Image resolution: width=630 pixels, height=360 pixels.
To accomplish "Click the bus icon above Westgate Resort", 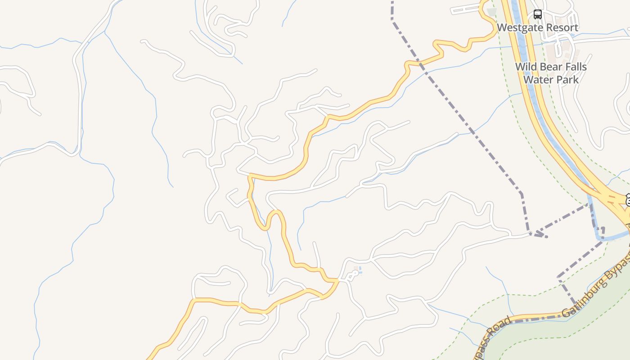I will pos(537,14).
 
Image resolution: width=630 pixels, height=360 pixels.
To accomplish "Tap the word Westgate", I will pos(520,28).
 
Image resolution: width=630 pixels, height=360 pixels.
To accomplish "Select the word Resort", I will pos(561,28).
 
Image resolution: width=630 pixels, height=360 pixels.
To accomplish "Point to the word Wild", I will pos(526,67).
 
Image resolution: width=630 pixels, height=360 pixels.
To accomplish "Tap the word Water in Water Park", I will pos(538,80).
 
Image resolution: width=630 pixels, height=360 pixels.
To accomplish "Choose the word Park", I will pos(567,80).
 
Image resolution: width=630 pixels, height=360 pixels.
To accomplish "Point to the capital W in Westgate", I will pos(502,28).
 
